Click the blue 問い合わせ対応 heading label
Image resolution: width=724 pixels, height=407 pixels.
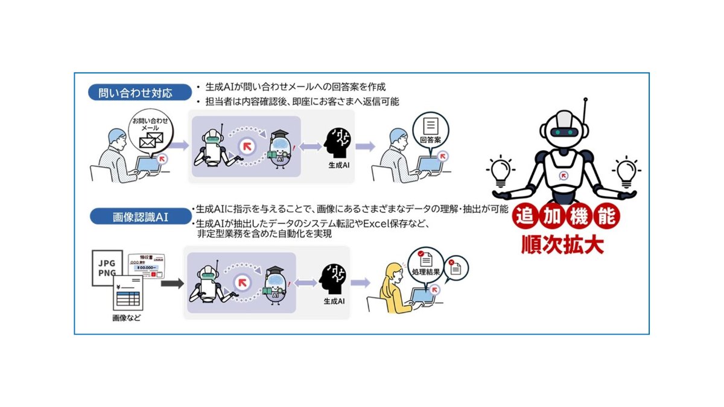pos(130,93)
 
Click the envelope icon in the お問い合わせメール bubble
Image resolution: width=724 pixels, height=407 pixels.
pos(151,141)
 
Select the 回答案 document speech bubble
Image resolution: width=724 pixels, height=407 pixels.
pos(431,131)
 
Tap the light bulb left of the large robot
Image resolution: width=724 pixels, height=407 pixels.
pos(501,172)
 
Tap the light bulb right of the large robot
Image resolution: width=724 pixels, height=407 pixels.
pos(626,172)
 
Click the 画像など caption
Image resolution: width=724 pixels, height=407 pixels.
pos(126,318)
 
